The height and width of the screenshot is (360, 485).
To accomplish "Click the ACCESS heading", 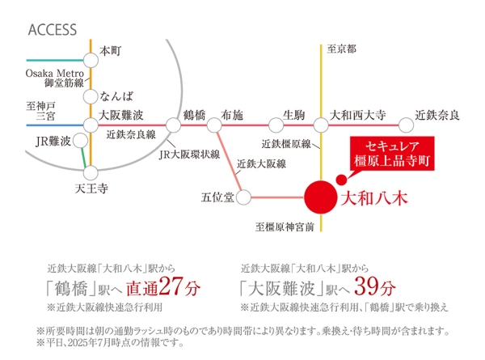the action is coord(53,30).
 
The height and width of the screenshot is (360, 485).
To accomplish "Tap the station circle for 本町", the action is coord(91,60).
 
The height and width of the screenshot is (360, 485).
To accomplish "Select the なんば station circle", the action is coord(91,96).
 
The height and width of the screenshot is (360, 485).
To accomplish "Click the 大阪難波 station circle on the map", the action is coord(91,125).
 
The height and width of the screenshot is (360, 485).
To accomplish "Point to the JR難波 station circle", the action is coord(80,141).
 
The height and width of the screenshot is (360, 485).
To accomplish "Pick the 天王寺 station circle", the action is coord(91,173).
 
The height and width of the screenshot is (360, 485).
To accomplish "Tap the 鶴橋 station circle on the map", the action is coord(173,125).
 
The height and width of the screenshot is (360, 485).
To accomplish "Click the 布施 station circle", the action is coord(214,125).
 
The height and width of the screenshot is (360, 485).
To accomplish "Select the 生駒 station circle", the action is coord(276,125).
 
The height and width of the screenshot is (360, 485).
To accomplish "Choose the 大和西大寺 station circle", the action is coord(321,125).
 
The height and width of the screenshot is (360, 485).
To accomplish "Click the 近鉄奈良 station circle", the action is coord(406,125).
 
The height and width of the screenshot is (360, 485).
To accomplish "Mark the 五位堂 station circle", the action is coord(243,197).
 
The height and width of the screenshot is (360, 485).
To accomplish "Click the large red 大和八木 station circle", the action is coord(320,197).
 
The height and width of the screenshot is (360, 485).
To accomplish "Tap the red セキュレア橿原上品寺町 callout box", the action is coord(392,154).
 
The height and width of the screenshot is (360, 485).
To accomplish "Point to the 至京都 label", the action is coord(341,49).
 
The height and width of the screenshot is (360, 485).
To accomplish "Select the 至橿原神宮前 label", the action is coord(285,227).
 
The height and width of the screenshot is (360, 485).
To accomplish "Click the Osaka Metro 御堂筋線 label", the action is coord(55,78).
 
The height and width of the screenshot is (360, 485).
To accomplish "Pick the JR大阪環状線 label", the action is coord(189,155).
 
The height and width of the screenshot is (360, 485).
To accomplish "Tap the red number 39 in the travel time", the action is coord(366,286).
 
